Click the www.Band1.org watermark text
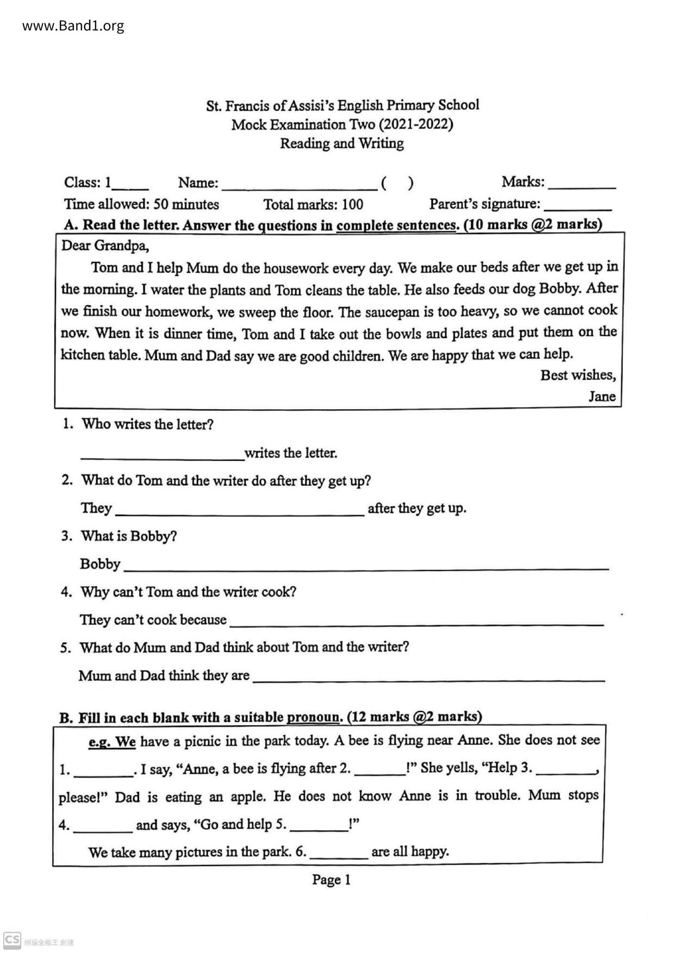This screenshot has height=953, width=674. tap(73, 26)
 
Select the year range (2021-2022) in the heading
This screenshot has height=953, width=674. tap(416, 125)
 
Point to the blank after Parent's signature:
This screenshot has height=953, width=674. tap(577, 206)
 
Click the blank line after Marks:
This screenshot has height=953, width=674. tap(582, 185)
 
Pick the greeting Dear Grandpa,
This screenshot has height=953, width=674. tap(105, 246)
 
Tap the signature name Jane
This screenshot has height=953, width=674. tap(602, 397)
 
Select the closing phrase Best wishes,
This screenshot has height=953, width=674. tap(578, 375)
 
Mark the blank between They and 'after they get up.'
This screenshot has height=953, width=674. tap(240, 511)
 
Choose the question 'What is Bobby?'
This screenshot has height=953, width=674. tap(129, 536)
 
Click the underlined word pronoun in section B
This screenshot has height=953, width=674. tap(313, 718)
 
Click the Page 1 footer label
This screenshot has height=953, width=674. tap(331, 880)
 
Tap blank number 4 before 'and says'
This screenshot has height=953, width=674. tap(103, 827)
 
